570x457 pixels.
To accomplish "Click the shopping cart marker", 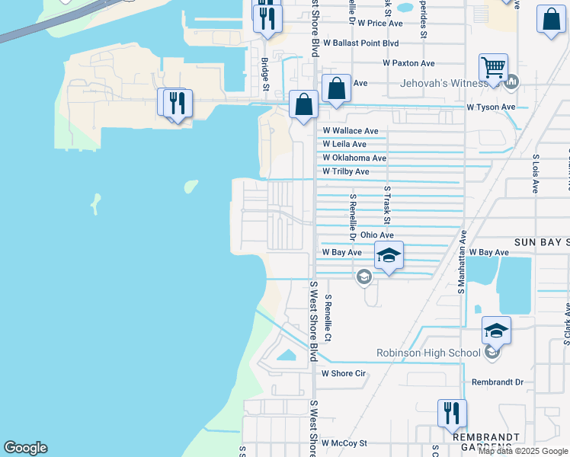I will pyautogui.click(x=494, y=69).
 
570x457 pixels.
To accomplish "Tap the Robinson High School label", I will pyautogui.click(x=428, y=353).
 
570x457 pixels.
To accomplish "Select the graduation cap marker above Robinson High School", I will pyautogui.click(x=496, y=331).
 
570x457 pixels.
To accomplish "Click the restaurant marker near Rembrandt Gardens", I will pyautogui.click(x=452, y=414).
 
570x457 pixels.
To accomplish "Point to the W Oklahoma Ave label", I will pyautogui.click(x=354, y=158).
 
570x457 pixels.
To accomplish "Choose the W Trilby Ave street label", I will pyautogui.click(x=345, y=171).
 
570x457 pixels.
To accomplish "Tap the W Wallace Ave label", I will pyautogui.click(x=350, y=131).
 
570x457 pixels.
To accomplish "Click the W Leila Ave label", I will pyautogui.click(x=344, y=144).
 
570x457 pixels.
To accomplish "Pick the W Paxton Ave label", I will pyautogui.click(x=408, y=63).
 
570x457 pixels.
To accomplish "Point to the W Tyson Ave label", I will pyautogui.click(x=491, y=107).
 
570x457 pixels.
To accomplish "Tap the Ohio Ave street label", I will pyautogui.click(x=377, y=235).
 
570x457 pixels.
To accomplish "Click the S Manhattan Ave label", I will pyautogui.click(x=462, y=263).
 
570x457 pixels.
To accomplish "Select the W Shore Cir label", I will pyautogui.click(x=344, y=373).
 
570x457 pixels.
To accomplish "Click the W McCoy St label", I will pyautogui.click(x=344, y=443).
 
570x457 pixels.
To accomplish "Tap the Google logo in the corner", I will pyautogui.click(x=25, y=448).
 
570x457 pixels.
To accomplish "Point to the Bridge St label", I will pyautogui.click(x=265, y=75).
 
